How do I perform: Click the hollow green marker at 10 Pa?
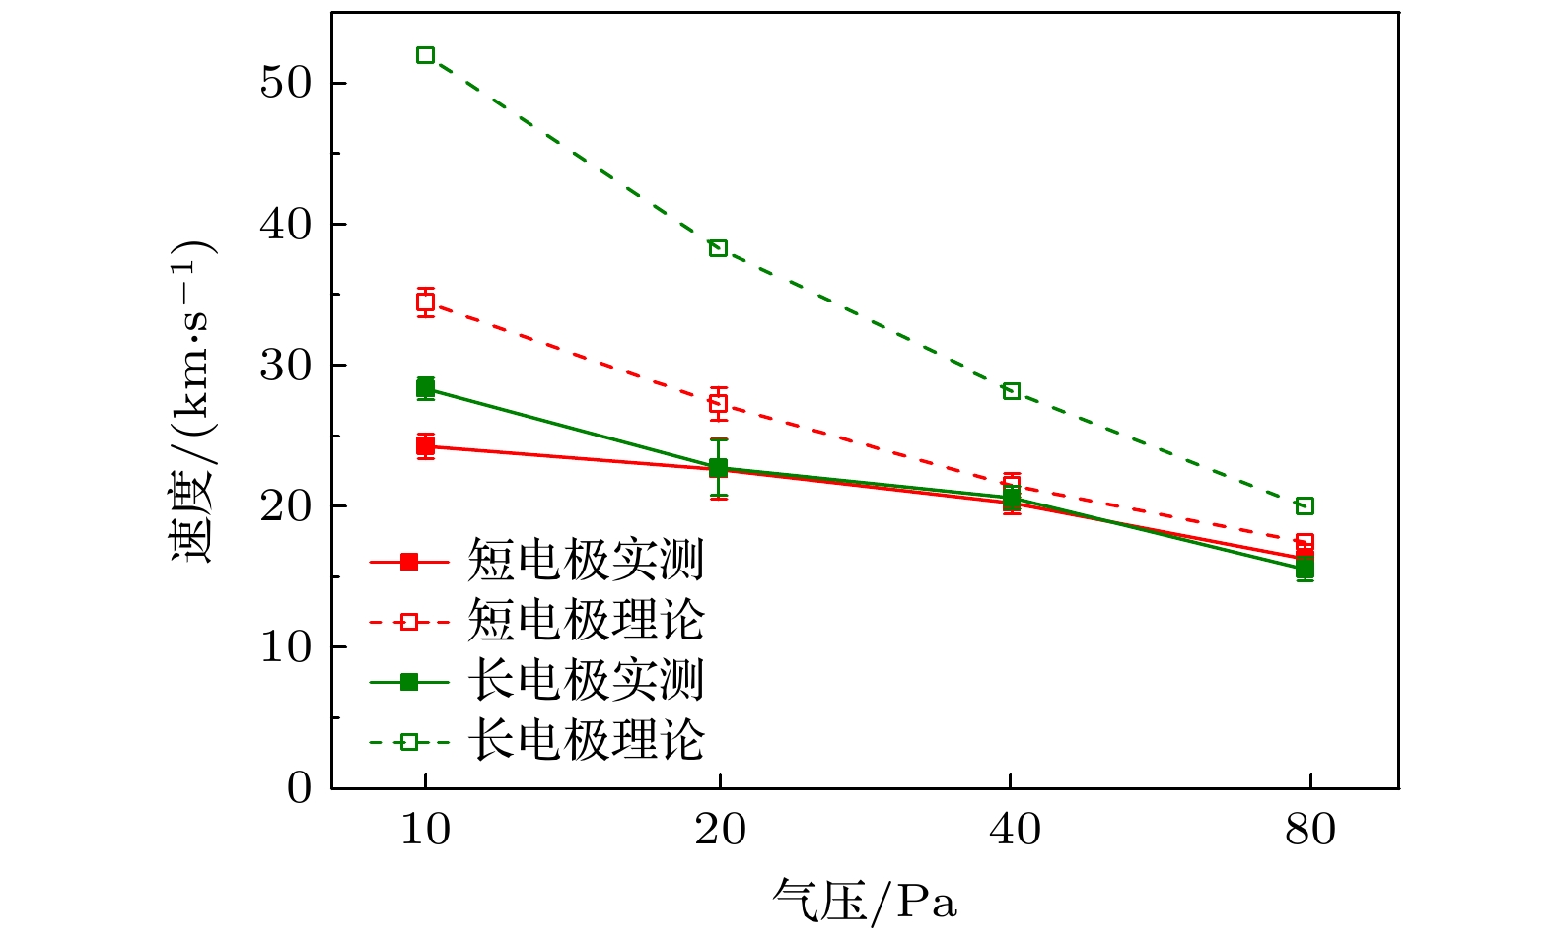(425, 55)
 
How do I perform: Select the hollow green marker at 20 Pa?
(718, 248)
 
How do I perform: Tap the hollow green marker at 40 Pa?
(1011, 391)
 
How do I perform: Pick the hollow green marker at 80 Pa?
(1305, 506)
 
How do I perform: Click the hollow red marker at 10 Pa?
(425, 302)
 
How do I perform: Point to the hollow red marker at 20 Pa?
(718, 403)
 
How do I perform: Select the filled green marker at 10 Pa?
(425, 387)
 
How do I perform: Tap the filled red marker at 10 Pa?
(425, 446)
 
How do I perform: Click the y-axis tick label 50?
(285, 83)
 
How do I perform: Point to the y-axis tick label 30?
(285, 366)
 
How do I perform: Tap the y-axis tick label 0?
(299, 788)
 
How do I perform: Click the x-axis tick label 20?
(720, 831)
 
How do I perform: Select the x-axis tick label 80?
(1310, 831)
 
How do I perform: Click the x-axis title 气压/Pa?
(865, 901)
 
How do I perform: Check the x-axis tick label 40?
(1015, 831)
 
